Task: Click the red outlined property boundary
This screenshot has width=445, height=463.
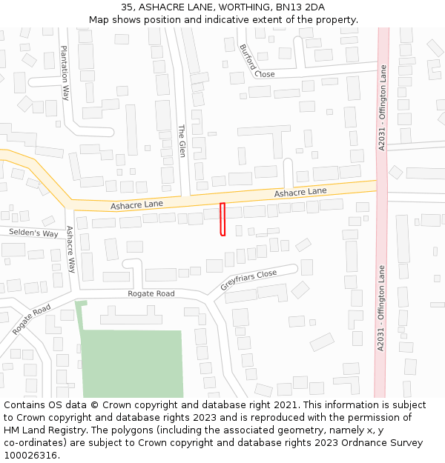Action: tap(222, 219)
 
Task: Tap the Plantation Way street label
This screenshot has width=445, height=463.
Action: tap(66, 73)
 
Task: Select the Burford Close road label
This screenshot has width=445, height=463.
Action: tap(257, 62)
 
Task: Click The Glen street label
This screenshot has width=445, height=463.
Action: tap(182, 141)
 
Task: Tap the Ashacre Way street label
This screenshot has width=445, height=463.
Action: tap(71, 250)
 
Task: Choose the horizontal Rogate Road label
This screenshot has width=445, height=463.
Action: tap(151, 294)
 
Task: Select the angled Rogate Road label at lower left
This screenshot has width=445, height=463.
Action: tap(31, 319)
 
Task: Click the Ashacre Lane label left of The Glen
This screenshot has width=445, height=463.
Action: tap(136, 204)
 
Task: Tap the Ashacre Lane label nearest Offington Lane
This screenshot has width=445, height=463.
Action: tap(300, 192)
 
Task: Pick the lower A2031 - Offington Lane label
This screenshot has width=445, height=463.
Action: tap(381, 309)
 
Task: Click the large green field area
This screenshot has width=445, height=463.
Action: tap(132, 363)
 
